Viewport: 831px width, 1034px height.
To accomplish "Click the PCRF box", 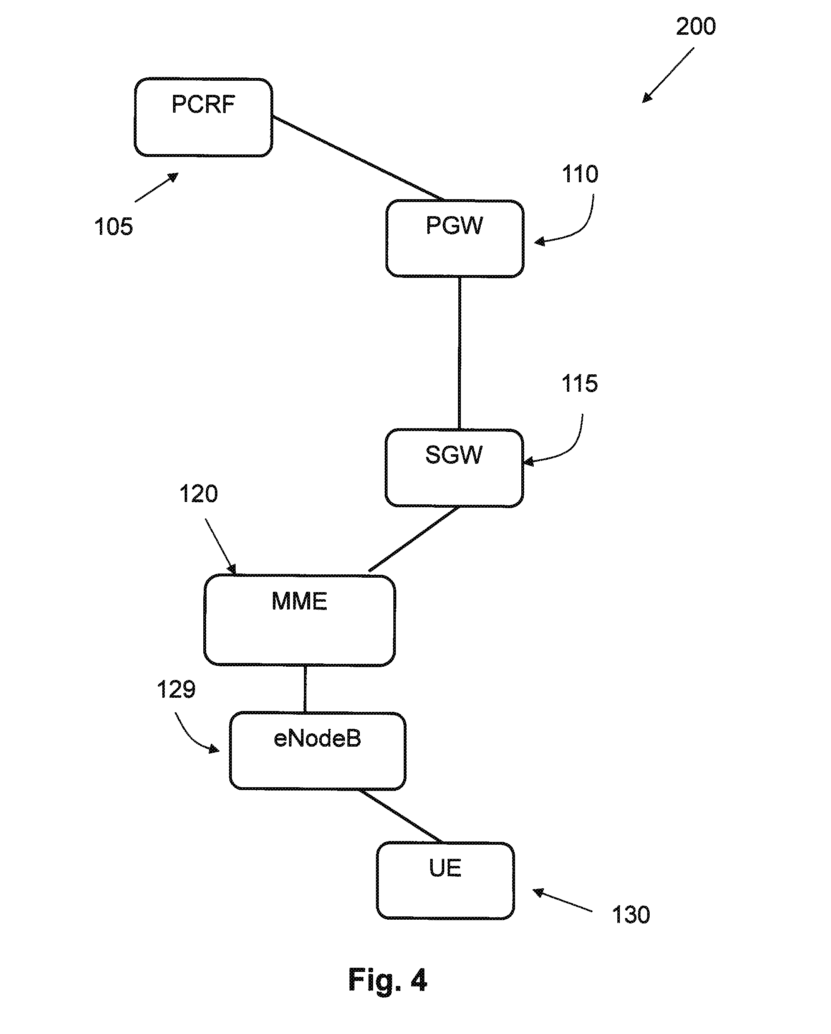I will (x=203, y=118).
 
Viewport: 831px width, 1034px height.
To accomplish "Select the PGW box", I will (x=455, y=239).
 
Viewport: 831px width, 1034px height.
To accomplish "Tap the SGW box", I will (x=454, y=468).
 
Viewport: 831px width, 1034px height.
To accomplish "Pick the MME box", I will (x=300, y=620).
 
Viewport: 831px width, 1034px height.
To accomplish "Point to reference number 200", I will (x=695, y=27).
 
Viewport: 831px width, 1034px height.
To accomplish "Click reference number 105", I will (x=113, y=227).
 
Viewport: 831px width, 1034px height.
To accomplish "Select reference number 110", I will (x=580, y=174).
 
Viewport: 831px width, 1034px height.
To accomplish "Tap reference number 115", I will (x=579, y=384).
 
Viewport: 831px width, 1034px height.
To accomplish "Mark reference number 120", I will (x=198, y=494).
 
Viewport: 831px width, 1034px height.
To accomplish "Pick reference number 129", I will (x=176, y=689).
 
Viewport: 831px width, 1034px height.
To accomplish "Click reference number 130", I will (x=631, y=915).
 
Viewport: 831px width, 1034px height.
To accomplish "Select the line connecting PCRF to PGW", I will (x=357, y=158).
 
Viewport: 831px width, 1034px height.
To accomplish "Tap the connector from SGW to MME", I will (x=413, y=540).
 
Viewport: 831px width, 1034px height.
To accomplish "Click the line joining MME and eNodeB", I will (x=305, y=689).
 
